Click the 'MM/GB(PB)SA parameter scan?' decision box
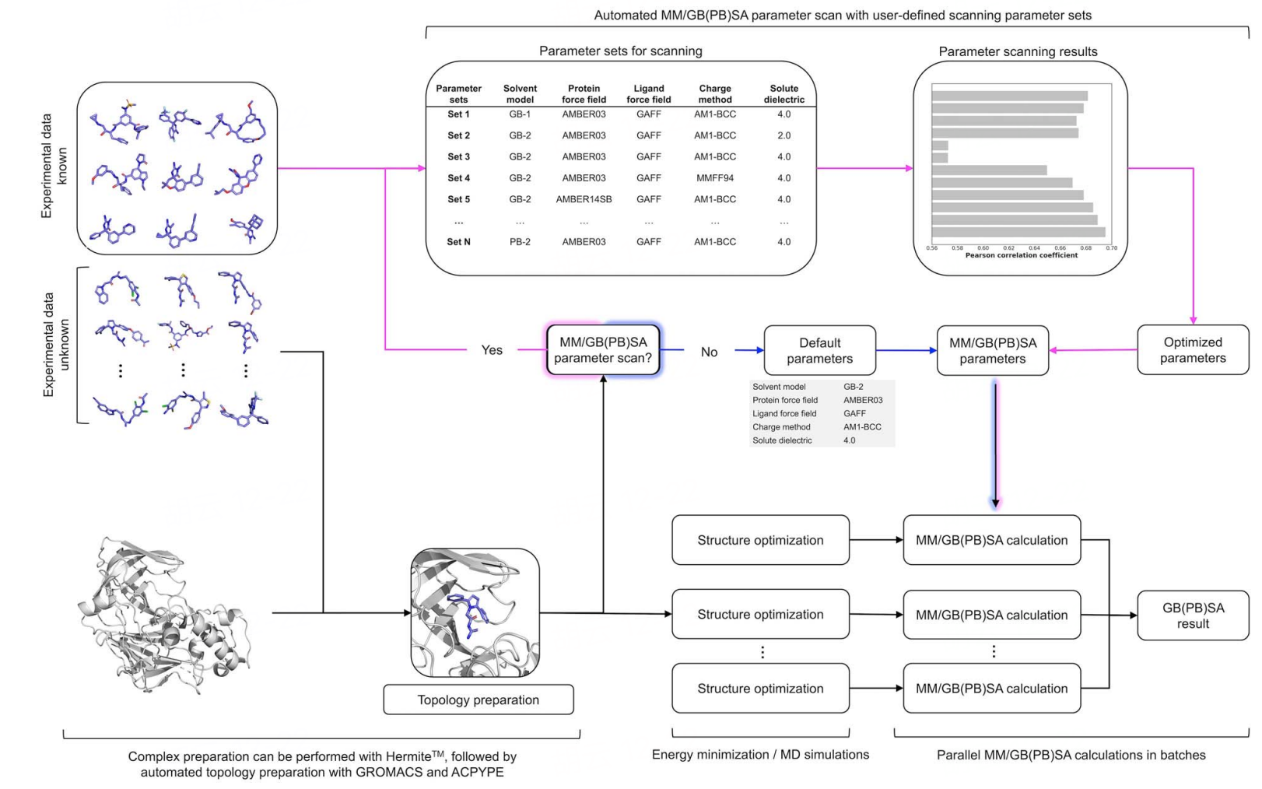click(603, 350)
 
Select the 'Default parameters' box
click(819, 351)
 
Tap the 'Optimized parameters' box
click(1192, 350)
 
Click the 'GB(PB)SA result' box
click(1192, 615)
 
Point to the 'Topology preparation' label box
click(478, 700)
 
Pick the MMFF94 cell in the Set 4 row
click(714, 178)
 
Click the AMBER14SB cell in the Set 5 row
click(584, 199)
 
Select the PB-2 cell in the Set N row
click(520, 242)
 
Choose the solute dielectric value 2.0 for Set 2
click(783, 135)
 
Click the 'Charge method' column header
click(714, 94)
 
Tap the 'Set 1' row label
click(458, 114)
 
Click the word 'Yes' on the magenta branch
click(492, 350)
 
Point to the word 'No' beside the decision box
click(709, 352)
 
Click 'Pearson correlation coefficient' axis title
click(1021, 255)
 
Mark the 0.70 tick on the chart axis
click(1111, 248)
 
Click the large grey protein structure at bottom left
click(163, 615)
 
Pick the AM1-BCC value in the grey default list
click(862, 427)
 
